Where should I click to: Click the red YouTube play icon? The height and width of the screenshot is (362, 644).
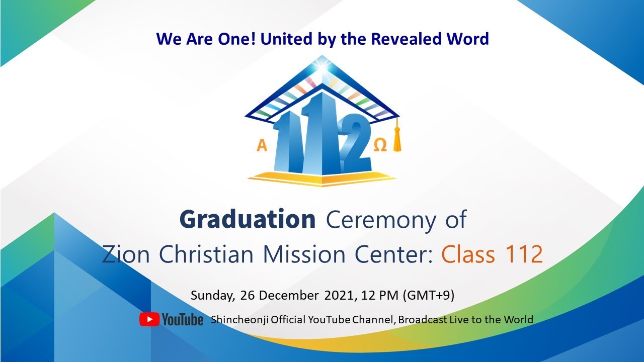click(149, 319)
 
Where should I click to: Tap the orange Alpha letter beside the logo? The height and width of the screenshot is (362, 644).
click(262, 146)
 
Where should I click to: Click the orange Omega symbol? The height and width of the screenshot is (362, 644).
click(381, 145)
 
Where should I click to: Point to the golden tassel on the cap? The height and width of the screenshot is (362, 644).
click(397, 138)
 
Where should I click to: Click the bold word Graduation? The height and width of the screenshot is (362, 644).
click(247, 219)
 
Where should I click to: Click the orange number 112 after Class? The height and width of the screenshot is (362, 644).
click(519, 255)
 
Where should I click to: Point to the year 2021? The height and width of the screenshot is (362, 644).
click(340, 295)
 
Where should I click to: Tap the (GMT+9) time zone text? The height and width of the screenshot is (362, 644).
click(429, 295)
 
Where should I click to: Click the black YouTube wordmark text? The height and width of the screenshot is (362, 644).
click(182, 320)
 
